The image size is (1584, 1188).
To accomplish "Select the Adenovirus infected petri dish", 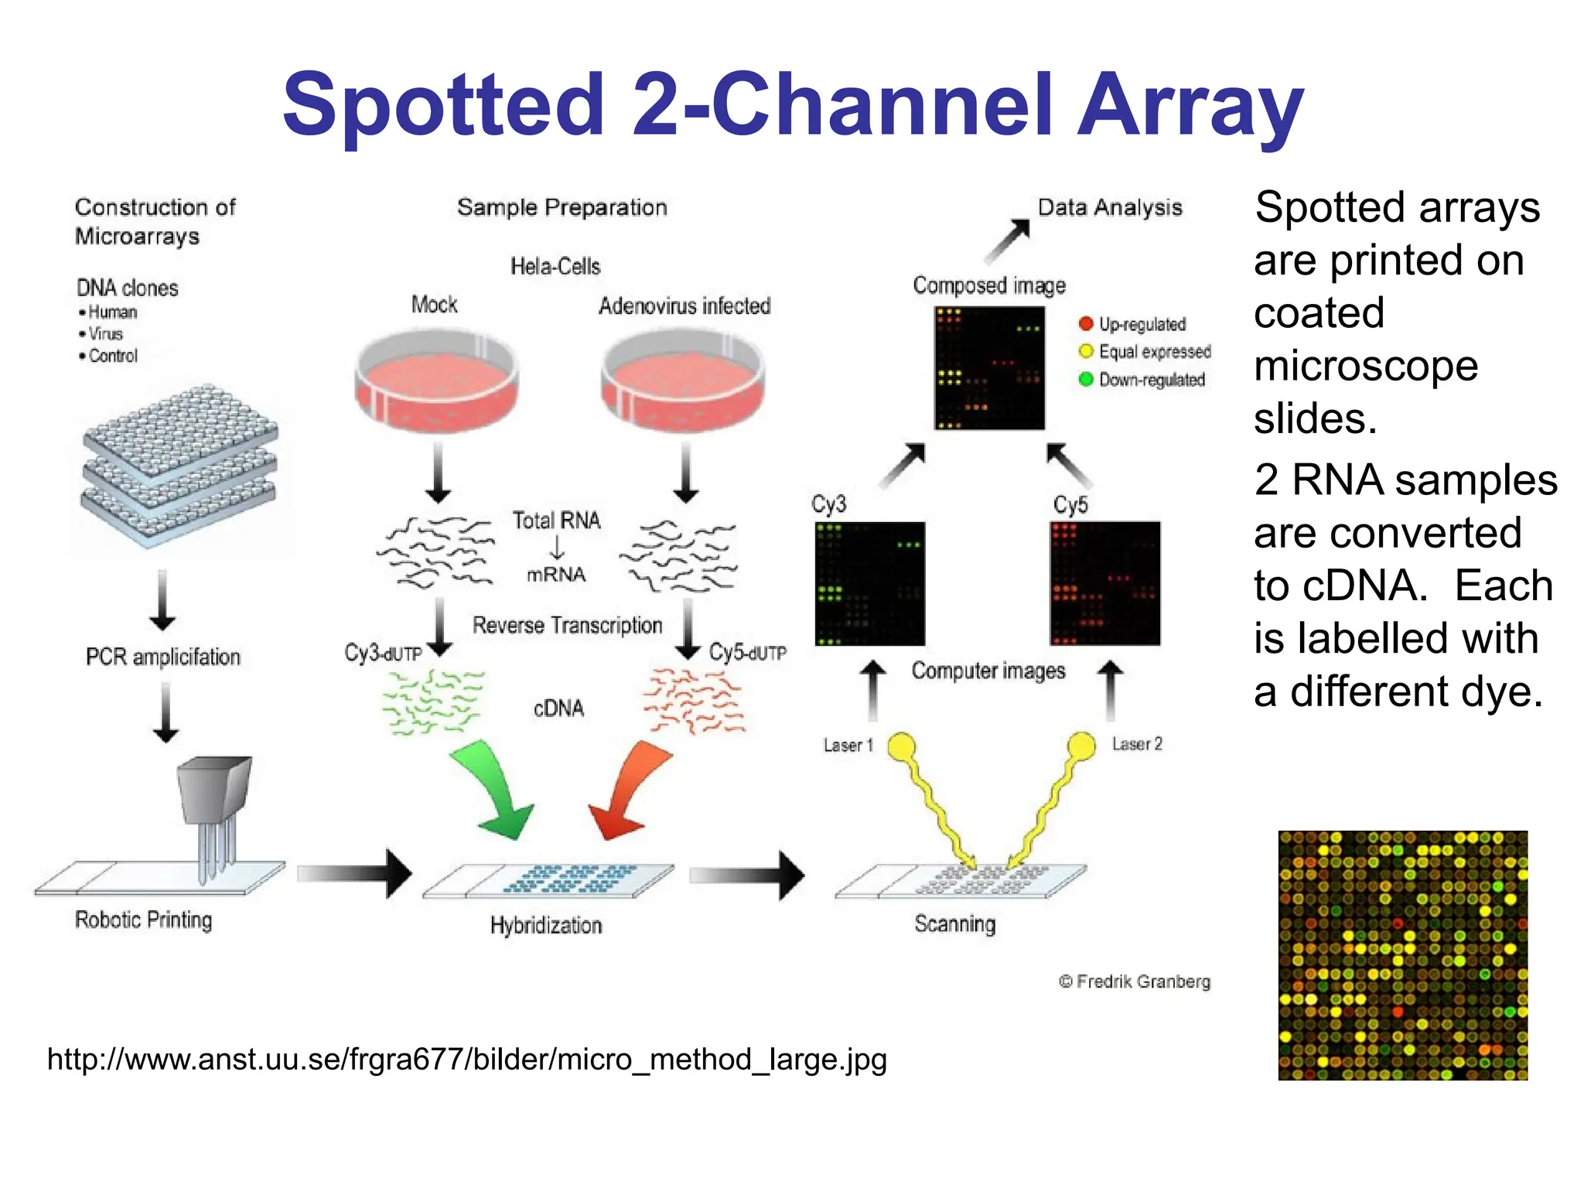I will (683, 380).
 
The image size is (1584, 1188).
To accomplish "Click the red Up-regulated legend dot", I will (1086, 323).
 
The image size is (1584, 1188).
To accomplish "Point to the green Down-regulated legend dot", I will (1086, 379).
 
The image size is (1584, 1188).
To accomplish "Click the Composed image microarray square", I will (989, 367).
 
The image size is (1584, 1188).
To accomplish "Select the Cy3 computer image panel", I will (870, 583).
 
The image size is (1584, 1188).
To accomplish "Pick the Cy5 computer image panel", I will (1105, 583).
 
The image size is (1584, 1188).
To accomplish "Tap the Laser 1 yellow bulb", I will (901, 746).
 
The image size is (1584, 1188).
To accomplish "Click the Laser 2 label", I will (1137, 744).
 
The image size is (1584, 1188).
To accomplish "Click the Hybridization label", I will (546, 925).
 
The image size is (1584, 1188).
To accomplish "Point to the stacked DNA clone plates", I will (179, 464).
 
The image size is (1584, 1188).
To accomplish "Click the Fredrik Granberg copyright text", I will (1135, 981).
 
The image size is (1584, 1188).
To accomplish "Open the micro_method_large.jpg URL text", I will (466, 1059).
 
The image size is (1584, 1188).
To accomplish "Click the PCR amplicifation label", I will (163, 657).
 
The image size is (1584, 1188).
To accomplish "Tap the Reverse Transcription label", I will (567, 625).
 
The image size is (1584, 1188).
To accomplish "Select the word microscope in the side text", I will (1366, 365).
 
